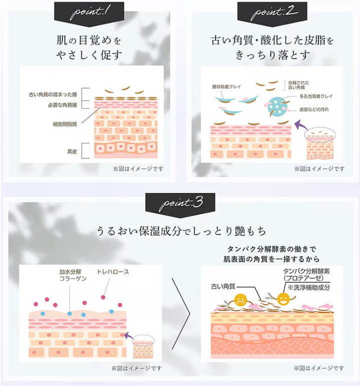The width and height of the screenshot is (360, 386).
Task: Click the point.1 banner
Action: pyautogui.click(x=89, y=14)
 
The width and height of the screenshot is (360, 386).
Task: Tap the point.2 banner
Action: pyautogui.click(x=272, y=14)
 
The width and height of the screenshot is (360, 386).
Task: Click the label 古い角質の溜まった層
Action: pyautogui.click(x=53, y=94)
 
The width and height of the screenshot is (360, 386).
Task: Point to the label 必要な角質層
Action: pyautogui.click(x=62, y=105)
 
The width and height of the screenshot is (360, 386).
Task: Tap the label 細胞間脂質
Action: pyautogui.click(x=65, y=124)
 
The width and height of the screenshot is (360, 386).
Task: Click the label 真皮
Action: pyautogui.click(x=72, y=151)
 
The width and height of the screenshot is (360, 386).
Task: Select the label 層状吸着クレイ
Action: pyautogui.click(x=226, y=87)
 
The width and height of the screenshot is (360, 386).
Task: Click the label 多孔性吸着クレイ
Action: pyautogui.click(x=316, y=96)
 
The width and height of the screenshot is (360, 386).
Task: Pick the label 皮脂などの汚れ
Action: pyautogui.click(x=314, y=109)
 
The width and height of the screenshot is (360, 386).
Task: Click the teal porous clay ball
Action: pyautogui.click(x=277, y=107)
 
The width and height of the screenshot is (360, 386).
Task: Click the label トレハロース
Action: pyautogui.click(x=113, y=272)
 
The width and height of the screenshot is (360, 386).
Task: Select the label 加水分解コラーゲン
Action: pyautogui.click(x=73, y=275)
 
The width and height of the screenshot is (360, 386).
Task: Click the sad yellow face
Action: pyautogui.click(x=240, y=300)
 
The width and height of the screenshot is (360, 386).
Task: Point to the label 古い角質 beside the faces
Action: pyautogui.click(x=223, y=286)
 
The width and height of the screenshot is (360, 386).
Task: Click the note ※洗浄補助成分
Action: pyautogui.click(x=308, y=287)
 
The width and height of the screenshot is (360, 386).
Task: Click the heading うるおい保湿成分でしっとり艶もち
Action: pyautogui.click(x=181, y=231)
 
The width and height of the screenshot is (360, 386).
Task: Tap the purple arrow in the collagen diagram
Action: pyautogui.click(x=128, y=336)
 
